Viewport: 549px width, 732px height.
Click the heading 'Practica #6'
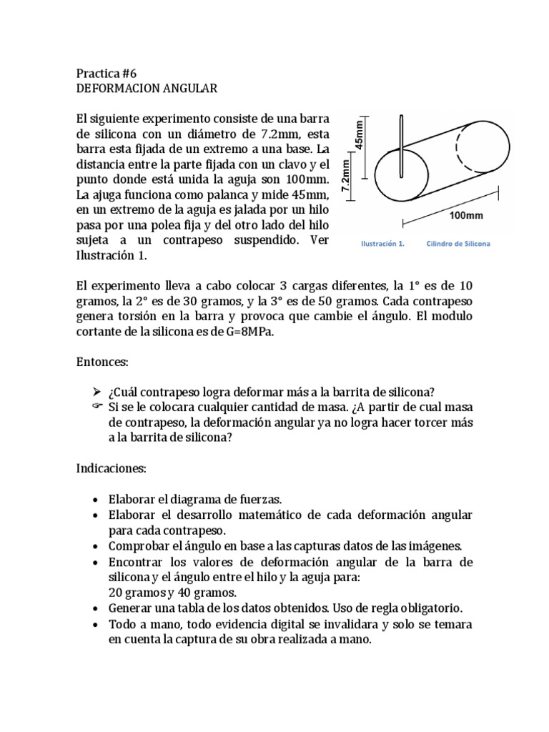(x=106, y=74)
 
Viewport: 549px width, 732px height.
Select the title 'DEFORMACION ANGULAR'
(x=146, y=89)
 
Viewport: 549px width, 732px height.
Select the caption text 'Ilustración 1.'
(x=382, y=244)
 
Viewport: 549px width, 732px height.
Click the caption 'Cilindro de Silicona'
(x=458, y=244)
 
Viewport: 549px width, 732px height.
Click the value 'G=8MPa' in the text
(x=246, y=332)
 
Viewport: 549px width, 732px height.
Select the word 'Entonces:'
(x=102, y=363)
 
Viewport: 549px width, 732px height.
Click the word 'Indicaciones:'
(x=111, y=468)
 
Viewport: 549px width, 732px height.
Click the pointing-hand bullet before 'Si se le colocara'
(x=98, y=407)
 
